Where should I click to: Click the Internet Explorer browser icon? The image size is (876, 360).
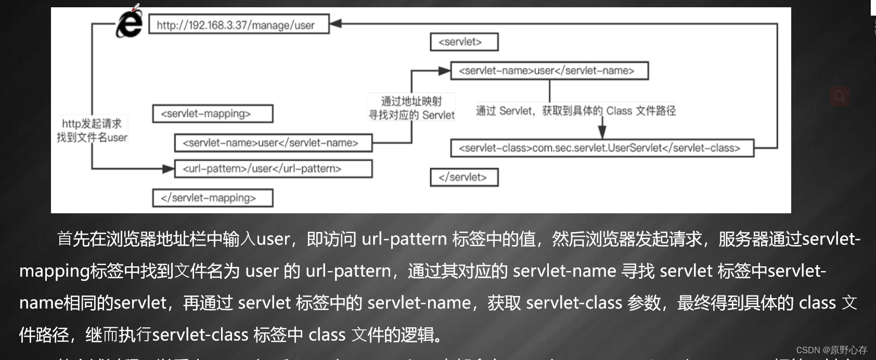coord(129,24)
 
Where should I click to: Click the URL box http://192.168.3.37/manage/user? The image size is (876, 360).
coord(239,24)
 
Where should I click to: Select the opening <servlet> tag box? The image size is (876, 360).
coord(464,42)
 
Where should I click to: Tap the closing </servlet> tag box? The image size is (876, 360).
coord(464,177)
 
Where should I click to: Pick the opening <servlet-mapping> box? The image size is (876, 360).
coord(212,113)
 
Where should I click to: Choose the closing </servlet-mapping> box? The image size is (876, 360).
coord(212,198)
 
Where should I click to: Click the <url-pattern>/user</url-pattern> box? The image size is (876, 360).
coord(273,169)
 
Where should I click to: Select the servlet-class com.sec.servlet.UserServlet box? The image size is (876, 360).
coord(602,148)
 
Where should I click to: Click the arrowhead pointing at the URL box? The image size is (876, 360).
coord(336,23)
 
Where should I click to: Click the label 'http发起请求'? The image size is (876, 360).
coord(92,123)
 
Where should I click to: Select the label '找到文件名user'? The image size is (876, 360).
coord(92,137)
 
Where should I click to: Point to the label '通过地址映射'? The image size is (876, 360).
coord(411,101)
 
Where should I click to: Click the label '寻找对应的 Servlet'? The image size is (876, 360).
coord(411,115)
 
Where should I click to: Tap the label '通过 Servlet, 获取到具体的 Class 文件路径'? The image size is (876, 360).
coord(576,110)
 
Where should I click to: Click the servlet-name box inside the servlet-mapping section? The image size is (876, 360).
coord(273,143)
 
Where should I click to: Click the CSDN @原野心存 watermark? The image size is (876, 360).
coord(831,350)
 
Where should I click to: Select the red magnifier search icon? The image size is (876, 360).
coord(839,96)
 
